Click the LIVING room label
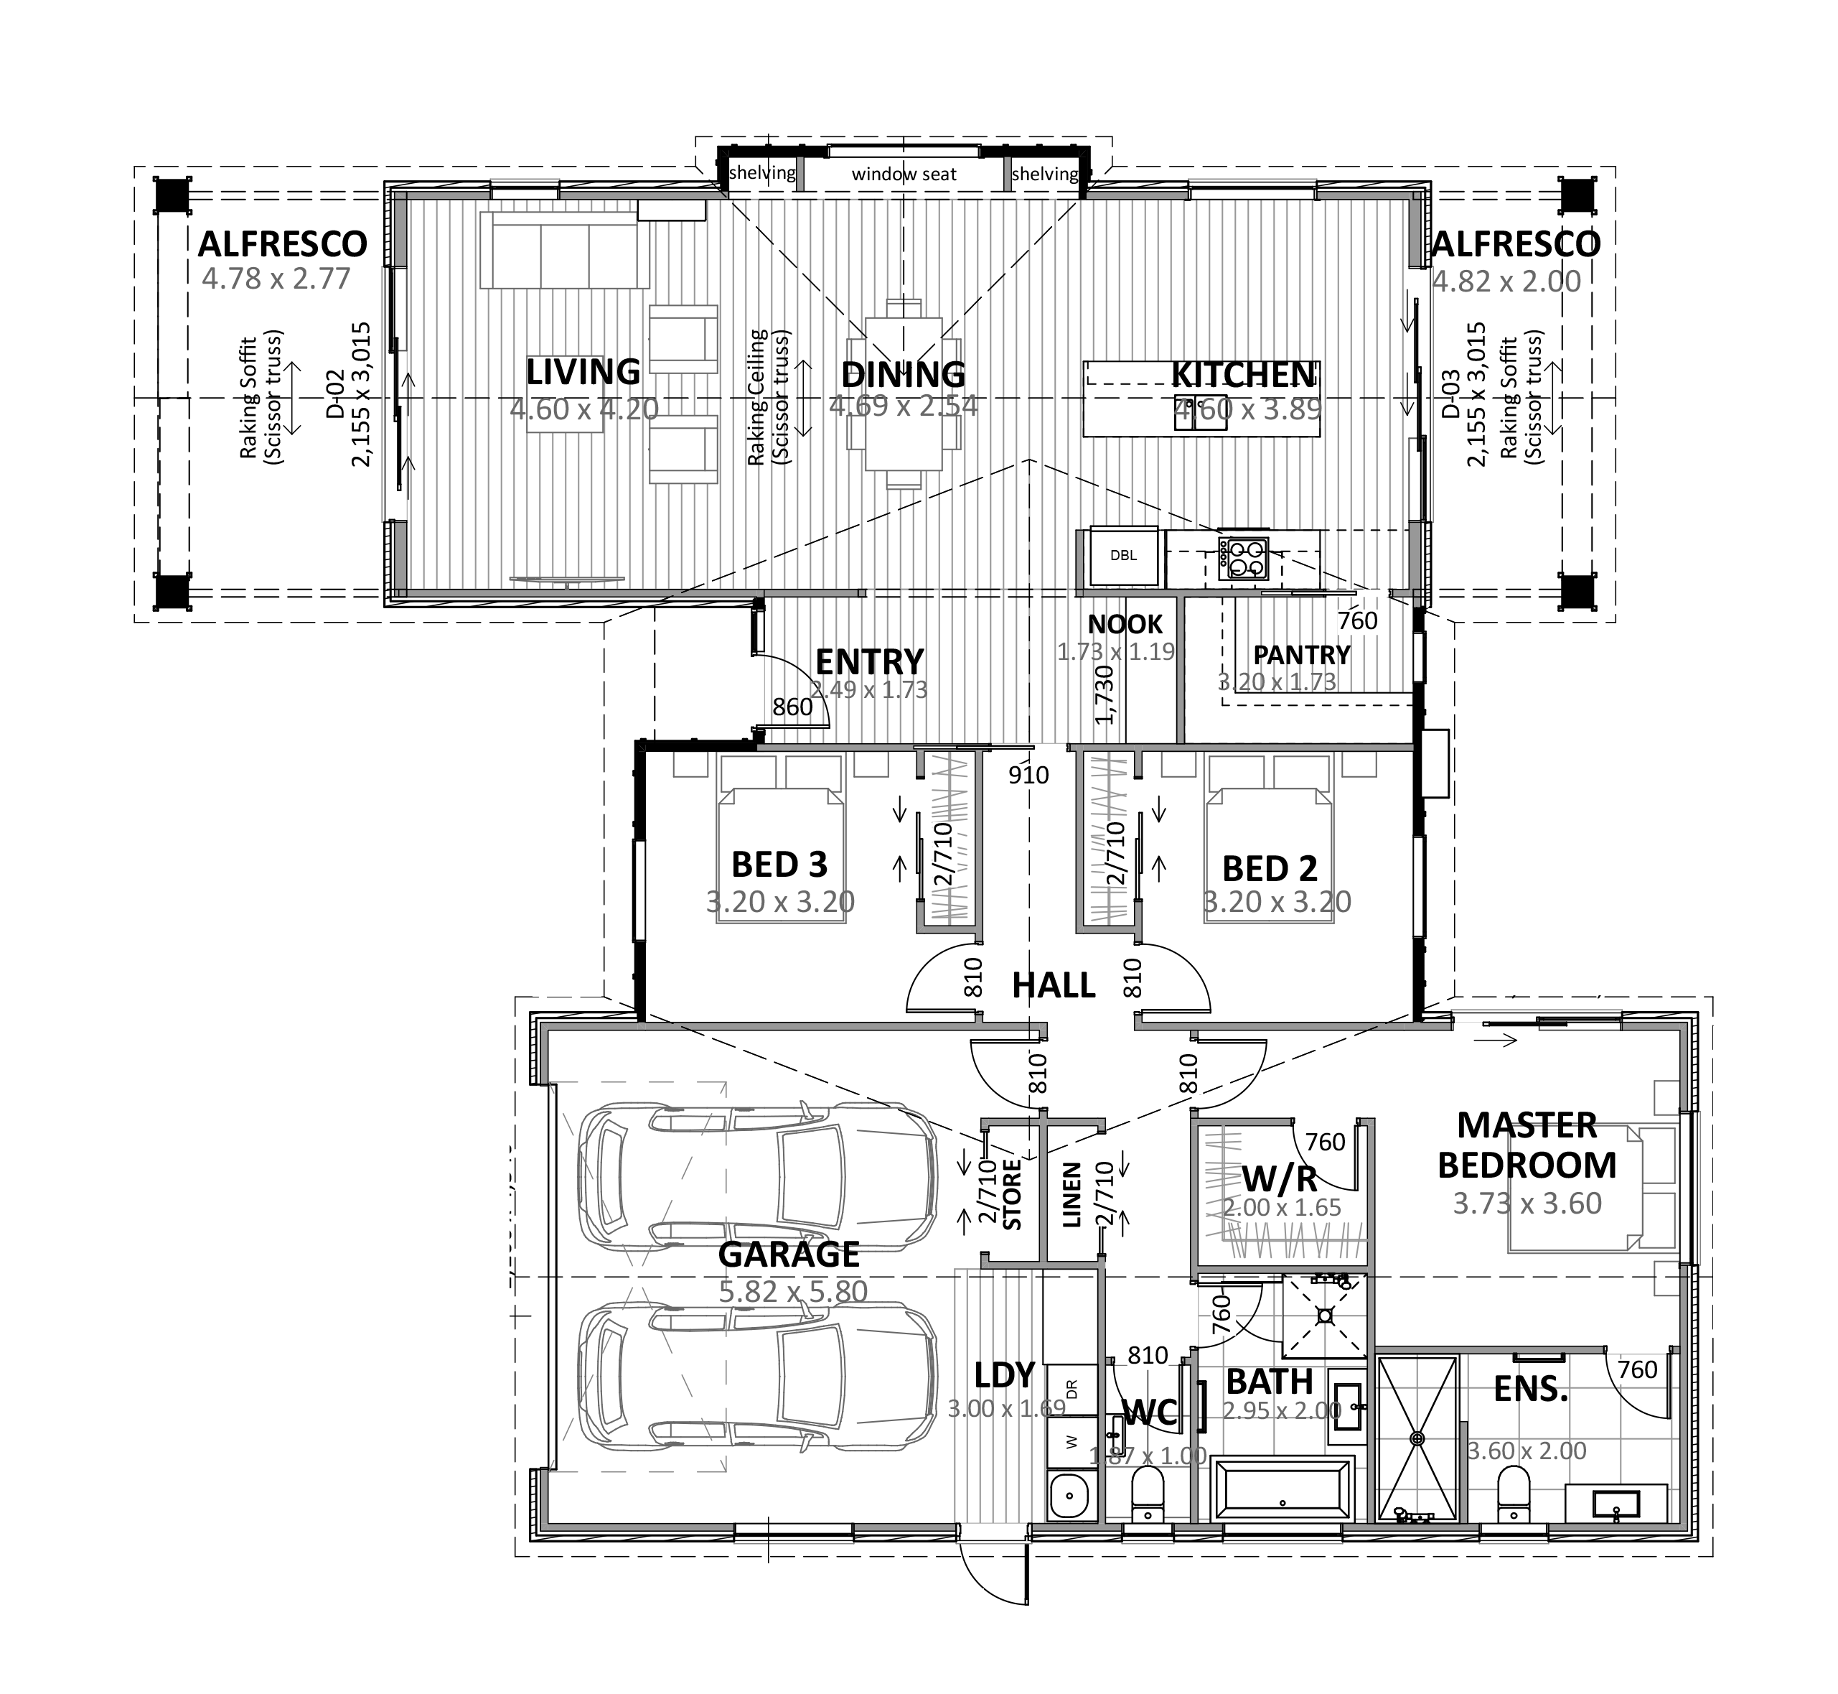[583, 372]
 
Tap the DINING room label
[903, 374]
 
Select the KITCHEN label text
[1242, 374]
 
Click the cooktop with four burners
[1242, 558]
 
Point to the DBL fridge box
[1123, 556]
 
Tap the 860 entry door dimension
[792, 707]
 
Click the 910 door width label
[1028, 776]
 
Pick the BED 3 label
[779, 865]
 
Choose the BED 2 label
[1269, 868]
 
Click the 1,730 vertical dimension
[1105, 694]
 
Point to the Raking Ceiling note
[768, 398]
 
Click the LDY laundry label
[1004, 1375]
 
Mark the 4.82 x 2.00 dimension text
[1506, 281]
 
